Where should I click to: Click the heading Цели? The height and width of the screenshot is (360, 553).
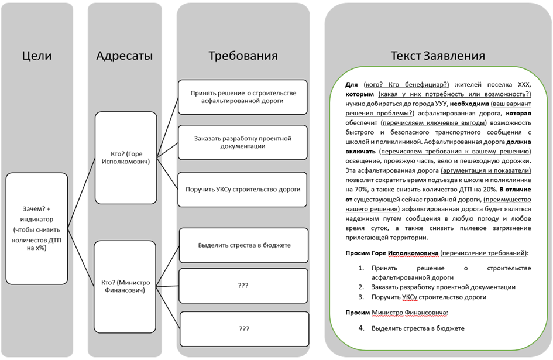coord(37,56)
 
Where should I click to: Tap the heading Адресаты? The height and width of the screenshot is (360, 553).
coord(124,56)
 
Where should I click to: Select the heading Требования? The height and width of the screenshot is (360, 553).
coord(243,56)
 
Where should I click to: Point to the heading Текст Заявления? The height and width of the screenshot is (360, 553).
coord(438,56)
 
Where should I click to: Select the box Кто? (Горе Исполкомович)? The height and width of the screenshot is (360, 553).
coord(125,158)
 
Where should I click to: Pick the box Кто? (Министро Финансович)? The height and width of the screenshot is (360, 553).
coord(125,285)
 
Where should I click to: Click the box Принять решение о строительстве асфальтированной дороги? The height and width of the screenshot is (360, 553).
coord(243,97)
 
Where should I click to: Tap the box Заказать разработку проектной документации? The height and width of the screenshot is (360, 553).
coord(243,142)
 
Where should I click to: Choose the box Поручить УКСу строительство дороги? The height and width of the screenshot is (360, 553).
coord(243,189)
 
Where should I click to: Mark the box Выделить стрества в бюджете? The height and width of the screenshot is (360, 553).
coord(243,245)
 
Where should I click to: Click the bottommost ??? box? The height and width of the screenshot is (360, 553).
coord(243,329)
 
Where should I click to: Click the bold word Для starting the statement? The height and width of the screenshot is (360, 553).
coord(352,85)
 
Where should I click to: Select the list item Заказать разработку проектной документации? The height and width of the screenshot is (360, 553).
coord(443,287)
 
